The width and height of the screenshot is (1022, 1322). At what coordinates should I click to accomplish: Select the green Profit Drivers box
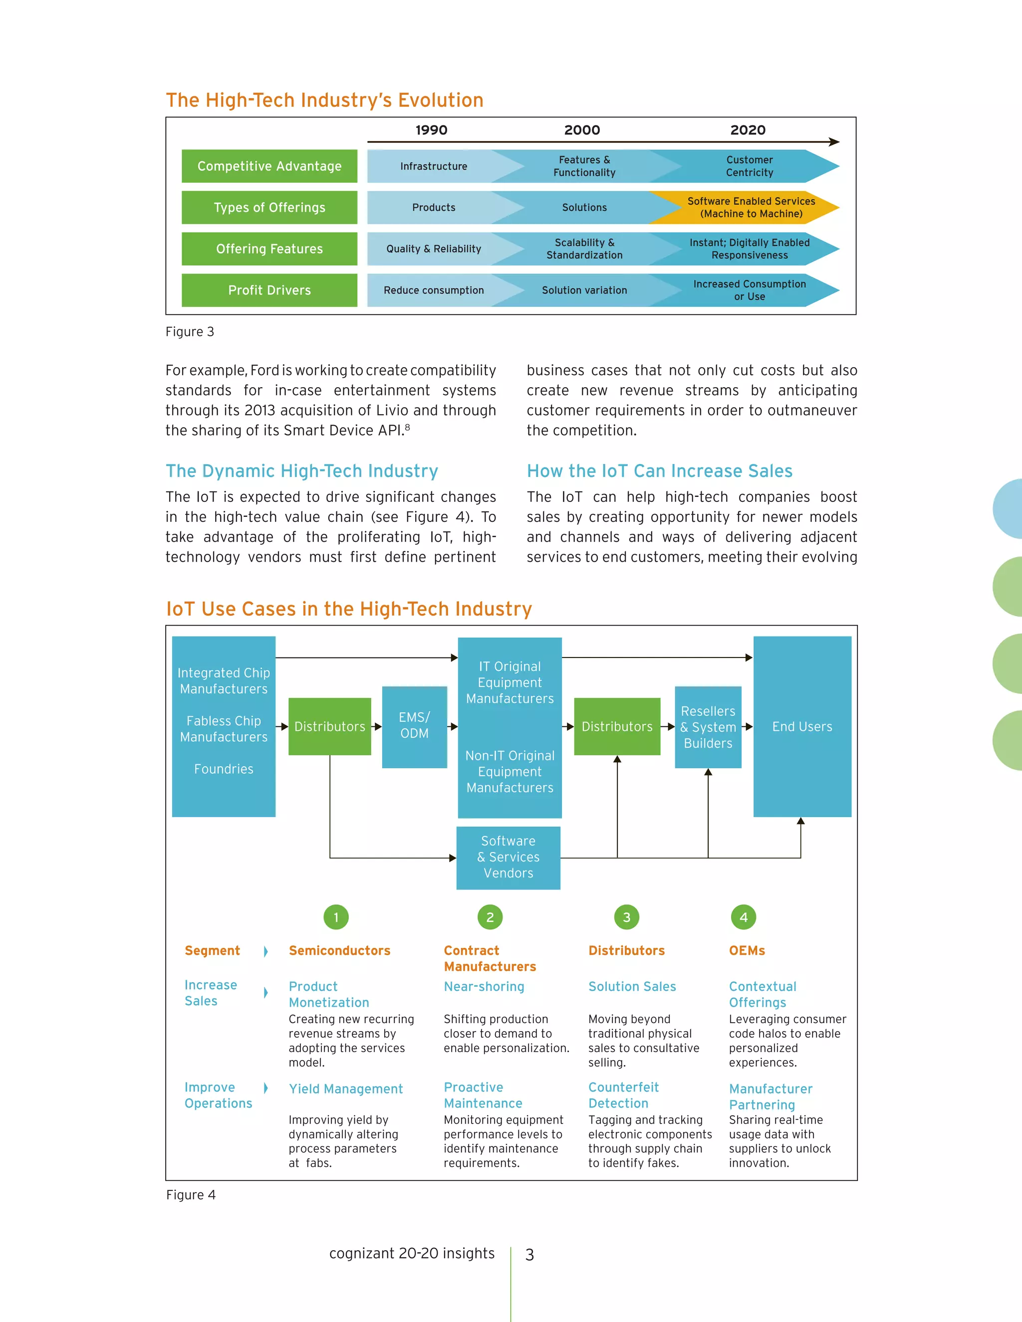click(x=269, y=290)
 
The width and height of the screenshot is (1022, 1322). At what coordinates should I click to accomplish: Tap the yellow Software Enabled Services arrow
click(x=750, y=207)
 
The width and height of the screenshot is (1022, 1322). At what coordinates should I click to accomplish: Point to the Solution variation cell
click(x=584, y=290)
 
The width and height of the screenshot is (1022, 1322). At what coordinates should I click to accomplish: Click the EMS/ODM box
click(x=414, y=726)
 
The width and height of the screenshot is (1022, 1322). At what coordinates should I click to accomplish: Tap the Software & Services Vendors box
click(x=508, y=857)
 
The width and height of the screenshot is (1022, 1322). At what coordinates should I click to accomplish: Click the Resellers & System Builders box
click(x=708, y=727)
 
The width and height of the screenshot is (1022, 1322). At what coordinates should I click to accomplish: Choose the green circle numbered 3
click(x=627, y=917)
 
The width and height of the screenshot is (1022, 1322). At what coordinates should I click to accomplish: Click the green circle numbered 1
click(x=336, y=917)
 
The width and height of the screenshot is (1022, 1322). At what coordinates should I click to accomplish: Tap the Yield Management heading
click(x=345, y=1089)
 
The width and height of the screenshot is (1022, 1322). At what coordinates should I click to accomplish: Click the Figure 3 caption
click(x=190, y=332)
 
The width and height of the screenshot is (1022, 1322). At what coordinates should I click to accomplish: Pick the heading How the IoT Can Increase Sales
click(x=659, y=471)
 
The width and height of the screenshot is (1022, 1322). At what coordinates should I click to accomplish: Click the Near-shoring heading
click(x=484, y=987)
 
